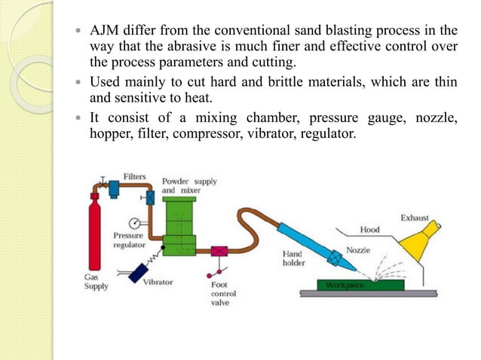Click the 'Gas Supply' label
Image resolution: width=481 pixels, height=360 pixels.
pos(96,282)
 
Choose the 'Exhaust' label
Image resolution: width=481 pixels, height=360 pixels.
pos(414,218)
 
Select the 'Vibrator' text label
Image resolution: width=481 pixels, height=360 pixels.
pos(158,282)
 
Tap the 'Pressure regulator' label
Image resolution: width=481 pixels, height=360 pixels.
pos(128,239)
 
